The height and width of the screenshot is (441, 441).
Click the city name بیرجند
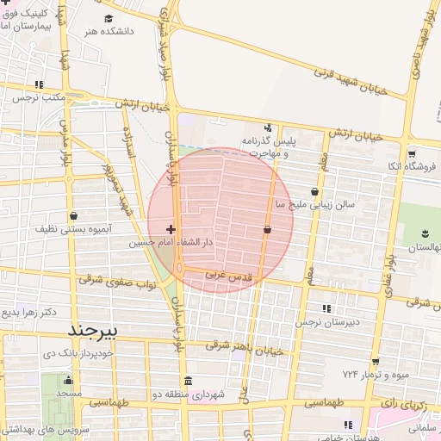tap(97, 332)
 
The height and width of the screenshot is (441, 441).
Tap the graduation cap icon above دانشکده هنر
tap(109, 19)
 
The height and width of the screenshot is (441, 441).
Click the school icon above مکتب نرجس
tap(39, 84)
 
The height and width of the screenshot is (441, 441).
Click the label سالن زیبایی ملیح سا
tap(308, 205)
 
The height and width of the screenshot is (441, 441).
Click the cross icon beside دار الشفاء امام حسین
tap(171, 229)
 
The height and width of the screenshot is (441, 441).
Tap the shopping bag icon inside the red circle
tap(267, 230)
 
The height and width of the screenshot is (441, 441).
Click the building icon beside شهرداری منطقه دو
tap(188, 382)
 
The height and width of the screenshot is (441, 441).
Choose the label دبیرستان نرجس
tap(326, 322)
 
